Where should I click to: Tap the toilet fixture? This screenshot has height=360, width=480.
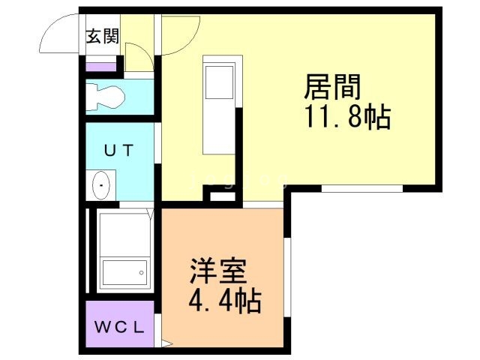pyautogui.click(x=105, y=96)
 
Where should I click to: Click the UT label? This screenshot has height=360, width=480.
pyautogui.click(x=118, y=149)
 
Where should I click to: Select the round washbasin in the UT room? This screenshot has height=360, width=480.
pyautogui.click(x=100, y=184)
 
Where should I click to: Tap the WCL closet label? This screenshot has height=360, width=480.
pyautogui.click(x=119, y=327)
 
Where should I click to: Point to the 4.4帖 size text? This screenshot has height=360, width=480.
pyautogui.click(x=223, y=302)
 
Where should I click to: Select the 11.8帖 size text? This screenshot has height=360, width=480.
pyautogui.click(x=347, y=118)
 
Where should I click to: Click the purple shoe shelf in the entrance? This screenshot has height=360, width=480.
pyautogui.click(x=101, y=66)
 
